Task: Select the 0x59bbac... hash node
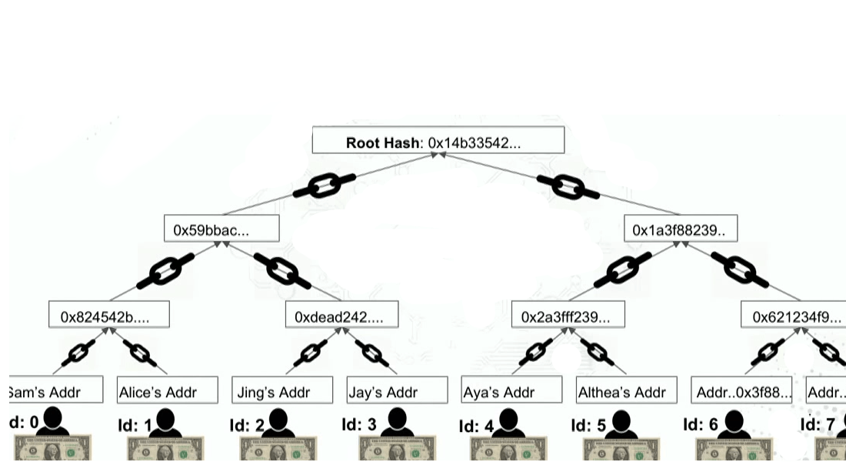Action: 221,229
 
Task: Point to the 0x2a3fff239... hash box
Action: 568,316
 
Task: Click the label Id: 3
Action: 359,423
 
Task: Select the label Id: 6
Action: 700,424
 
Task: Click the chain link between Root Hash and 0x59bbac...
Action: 323,186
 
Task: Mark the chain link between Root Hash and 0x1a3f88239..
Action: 568,186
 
